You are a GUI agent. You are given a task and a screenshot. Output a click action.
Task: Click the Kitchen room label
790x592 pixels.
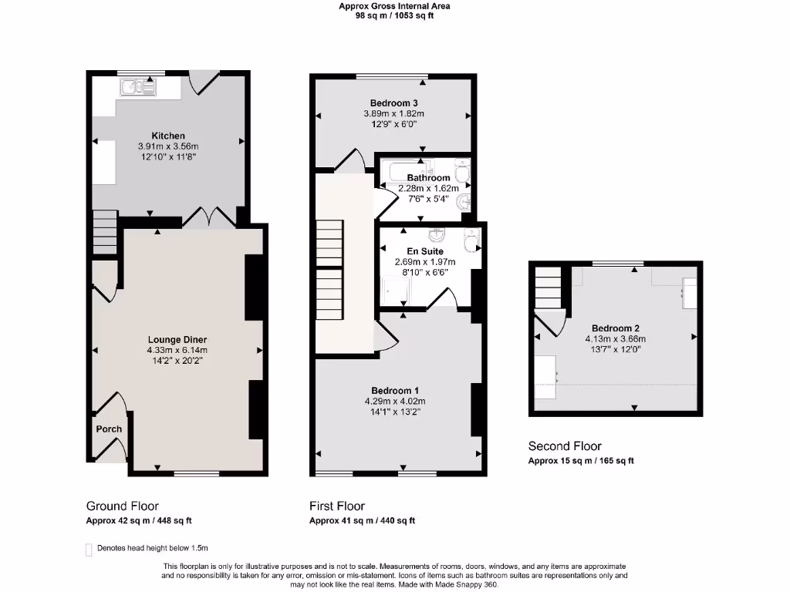tap(167, 136)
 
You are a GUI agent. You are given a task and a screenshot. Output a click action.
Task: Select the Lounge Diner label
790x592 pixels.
tap(177, 339)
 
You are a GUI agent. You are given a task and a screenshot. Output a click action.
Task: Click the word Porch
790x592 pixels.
tap(109, 429)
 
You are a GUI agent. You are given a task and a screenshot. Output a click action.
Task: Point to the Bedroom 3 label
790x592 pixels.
tap(393, 103)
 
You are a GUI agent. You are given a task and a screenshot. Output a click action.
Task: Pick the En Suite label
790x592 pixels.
tap(425, 251)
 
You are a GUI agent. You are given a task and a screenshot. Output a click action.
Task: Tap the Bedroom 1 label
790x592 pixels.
tap(395, 390)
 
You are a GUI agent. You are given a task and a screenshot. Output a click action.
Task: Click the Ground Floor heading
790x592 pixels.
tap(122, 506)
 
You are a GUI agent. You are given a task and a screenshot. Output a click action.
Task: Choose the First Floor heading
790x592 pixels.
tap(337, 506)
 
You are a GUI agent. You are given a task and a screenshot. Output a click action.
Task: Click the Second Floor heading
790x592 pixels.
tap(564, 446)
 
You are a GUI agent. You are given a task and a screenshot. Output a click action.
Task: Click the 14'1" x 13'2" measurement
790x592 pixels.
tap(395, 412)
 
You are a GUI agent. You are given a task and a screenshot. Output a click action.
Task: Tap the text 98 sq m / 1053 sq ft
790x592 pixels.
tap(394, 15)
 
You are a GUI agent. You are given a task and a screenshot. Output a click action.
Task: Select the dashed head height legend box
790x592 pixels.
tap(89, 550)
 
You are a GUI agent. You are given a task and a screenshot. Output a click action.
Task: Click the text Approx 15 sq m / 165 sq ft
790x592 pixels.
tap(580, 461)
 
